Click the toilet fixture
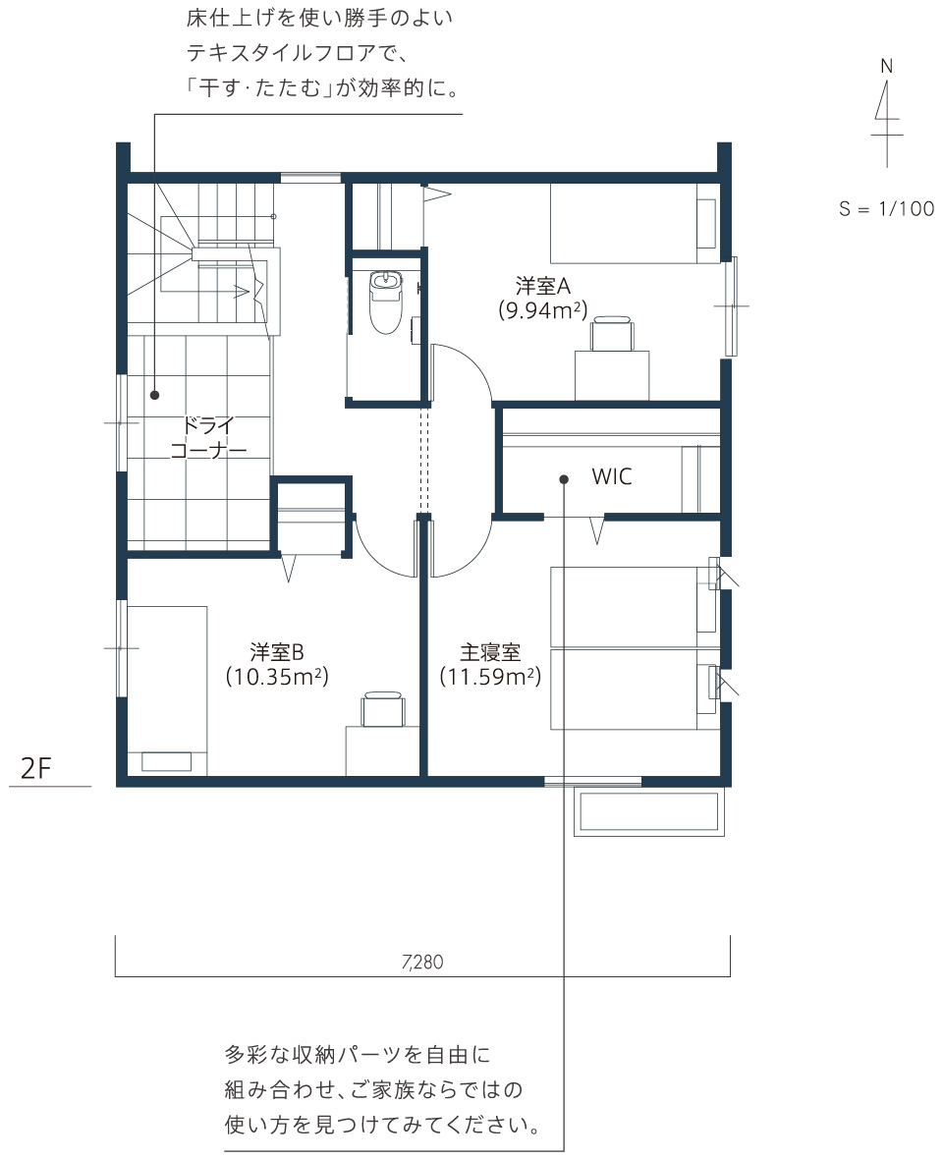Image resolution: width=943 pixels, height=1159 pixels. [385, 302]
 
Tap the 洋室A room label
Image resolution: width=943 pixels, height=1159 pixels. [543, 285]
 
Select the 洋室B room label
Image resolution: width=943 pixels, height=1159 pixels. [277, 652]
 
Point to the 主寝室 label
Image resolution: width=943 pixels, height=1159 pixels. [491, 652]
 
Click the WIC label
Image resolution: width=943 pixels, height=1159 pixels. [612, 476]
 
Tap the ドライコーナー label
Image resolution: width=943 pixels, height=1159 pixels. [208, 438]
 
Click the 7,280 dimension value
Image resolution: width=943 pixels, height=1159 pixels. [422, 962]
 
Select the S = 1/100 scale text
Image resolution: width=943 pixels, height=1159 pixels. [886, 208]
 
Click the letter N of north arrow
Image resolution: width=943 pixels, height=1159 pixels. [887, 67]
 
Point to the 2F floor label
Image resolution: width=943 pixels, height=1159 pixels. [36, 769]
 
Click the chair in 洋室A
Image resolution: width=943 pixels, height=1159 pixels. [611, 333]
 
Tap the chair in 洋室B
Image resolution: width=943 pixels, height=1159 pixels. [382, 709]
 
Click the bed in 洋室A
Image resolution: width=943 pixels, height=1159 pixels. [635, 223]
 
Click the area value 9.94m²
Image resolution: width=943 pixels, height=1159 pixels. [543, 309]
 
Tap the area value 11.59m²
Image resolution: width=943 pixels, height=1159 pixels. [491, 677]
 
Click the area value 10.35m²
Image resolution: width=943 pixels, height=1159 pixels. [277, 677]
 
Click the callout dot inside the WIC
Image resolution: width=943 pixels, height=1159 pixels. [564, 479]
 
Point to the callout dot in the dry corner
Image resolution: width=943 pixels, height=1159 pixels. [155, 396]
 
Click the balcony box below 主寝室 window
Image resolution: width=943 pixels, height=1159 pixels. [649, 814]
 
